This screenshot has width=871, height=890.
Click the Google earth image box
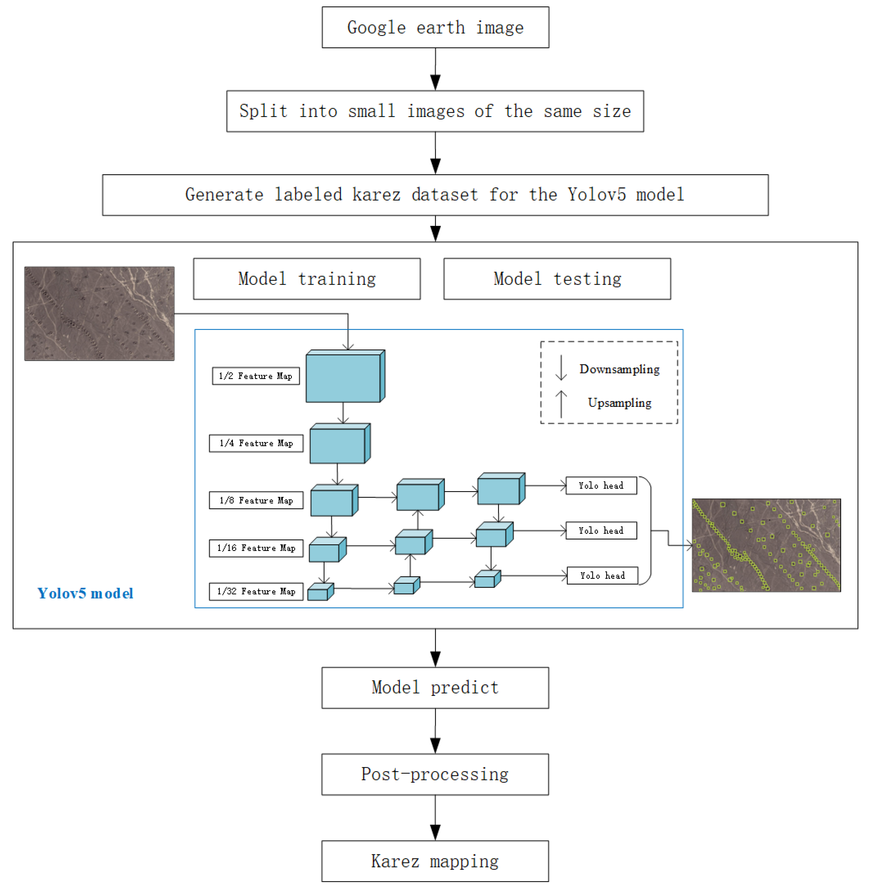435,27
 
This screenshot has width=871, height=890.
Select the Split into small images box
435,111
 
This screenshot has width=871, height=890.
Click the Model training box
306,279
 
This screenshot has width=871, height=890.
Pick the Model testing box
557,279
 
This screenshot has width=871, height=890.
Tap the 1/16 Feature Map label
256,548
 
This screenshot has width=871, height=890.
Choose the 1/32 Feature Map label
256,592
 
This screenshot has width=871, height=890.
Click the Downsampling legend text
619,369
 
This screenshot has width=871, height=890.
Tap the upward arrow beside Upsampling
561,403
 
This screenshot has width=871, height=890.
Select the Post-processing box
435,774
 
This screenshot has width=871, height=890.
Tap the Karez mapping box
435,861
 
